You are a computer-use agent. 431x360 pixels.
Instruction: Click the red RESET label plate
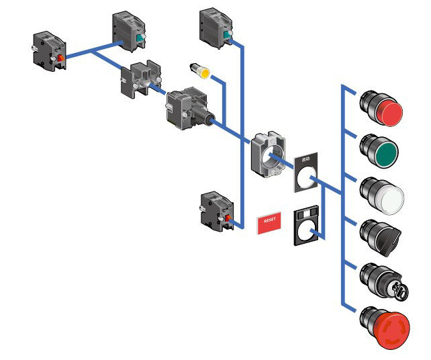(x=270, y=221)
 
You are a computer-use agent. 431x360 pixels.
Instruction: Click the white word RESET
(x=270, y=220)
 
